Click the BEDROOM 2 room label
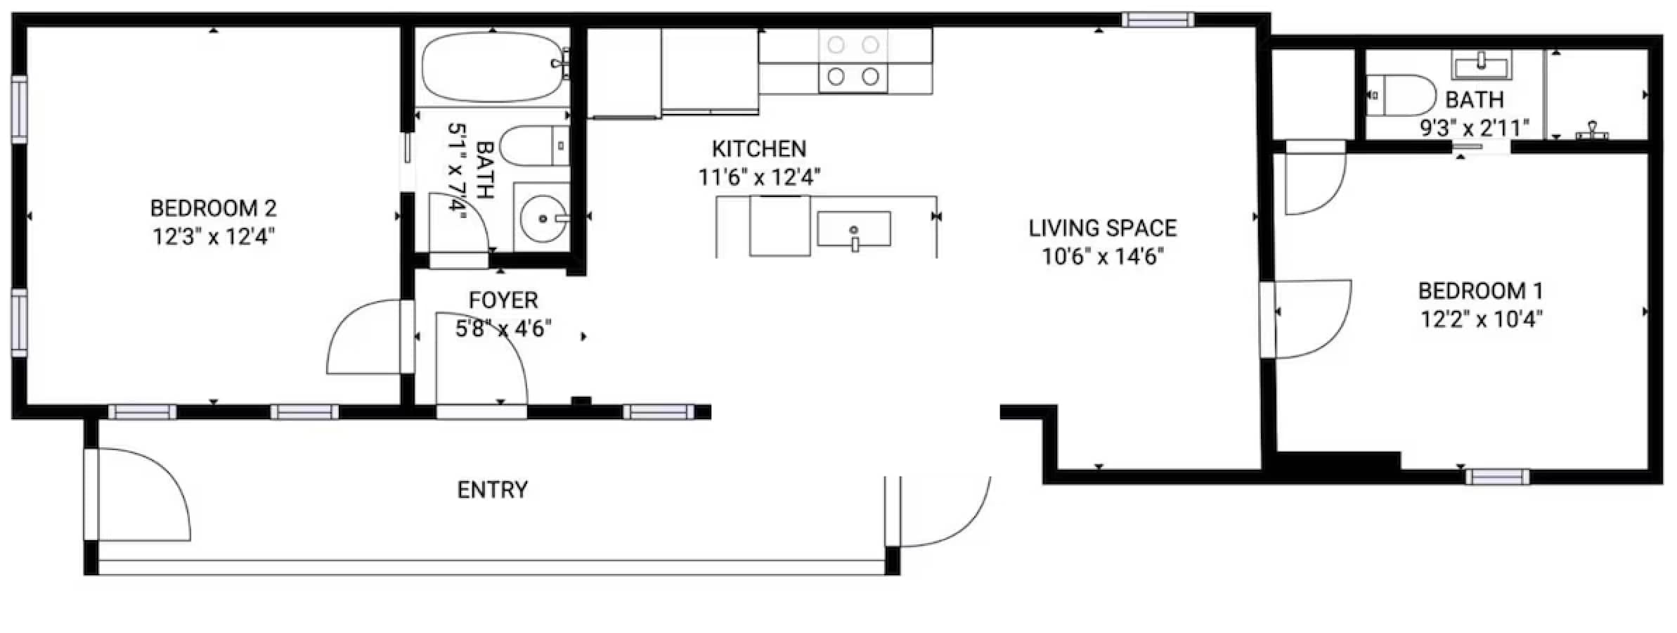pyautogui.click(x=213, y=208)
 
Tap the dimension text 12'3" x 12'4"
pyautogui.click(x=213, y=236)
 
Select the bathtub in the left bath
pyautogui.click(x=493, y=68)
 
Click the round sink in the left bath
pyautogui.click(x=542, y=218)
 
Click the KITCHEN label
pyautogui.click(x=758, y=149)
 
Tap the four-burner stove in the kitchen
pyautogui.click(x=853, y=60)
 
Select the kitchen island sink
pyautogui.click(x=854, y=229)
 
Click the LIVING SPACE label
pyautogui.click(x=1102, y=229)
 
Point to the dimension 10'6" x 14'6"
pyautogui.click(x=1102, y=257)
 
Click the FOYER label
pyautogui.click(x=503, y=300)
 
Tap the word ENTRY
pyautogui.click(x=492, y=490)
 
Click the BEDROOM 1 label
pyautogui.click(x=1480, y=290)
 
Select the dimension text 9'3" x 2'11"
pyautogui.click(x=1474, y=128)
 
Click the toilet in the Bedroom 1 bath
pyautogui.click(x=1402, y=95)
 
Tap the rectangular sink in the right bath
pyautogui.click(x=1481, y=68)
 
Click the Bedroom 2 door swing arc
pyautogui.click(x=358, y=336)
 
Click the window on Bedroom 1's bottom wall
pyautogui.click(x=1497, y=477)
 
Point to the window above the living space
pyautogui.click(x=1157, y=20)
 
